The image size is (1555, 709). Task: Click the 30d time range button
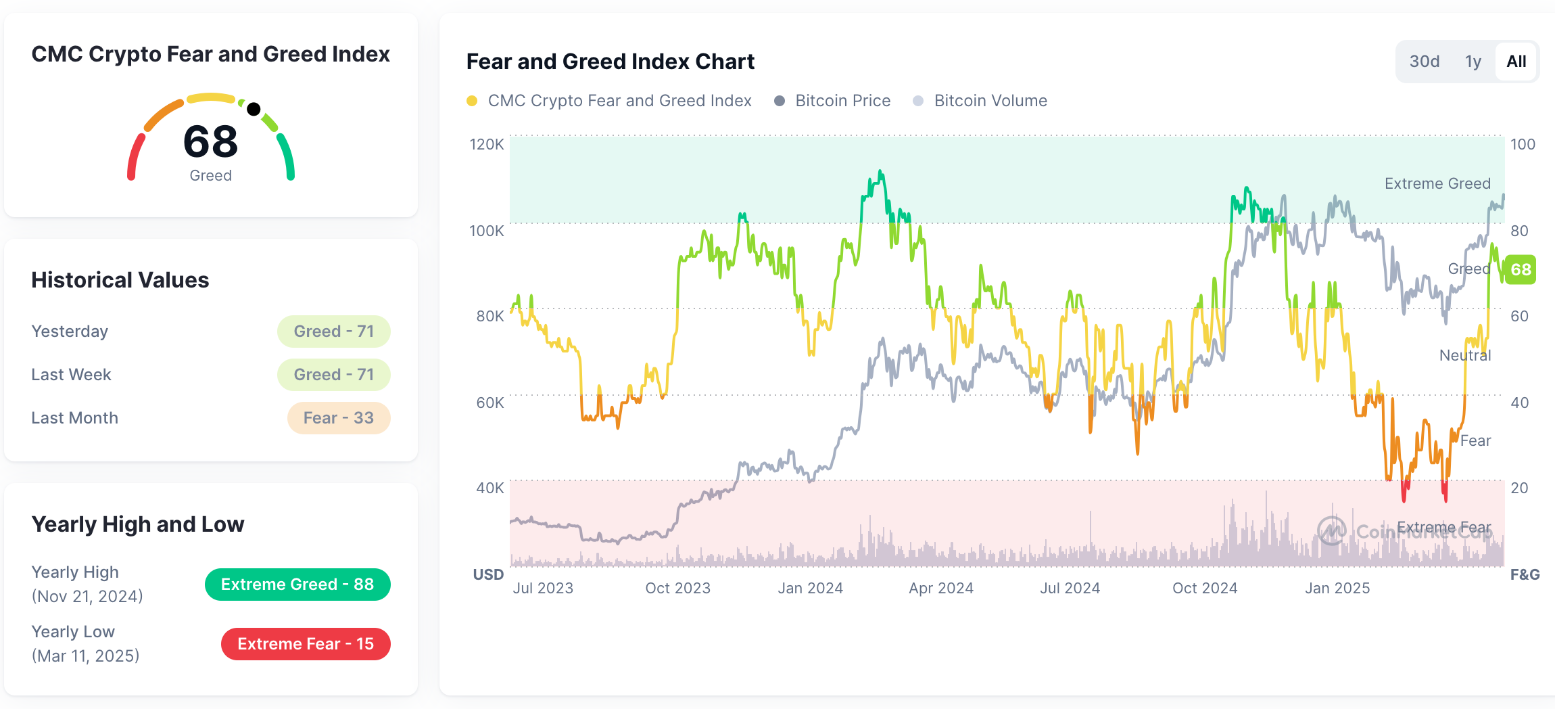click(x=1424, y=62)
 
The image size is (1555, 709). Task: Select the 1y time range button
click(x=1473, y=62)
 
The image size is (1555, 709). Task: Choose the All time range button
click(x=1516, y=62)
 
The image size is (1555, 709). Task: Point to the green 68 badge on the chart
click(x=1521, y=269)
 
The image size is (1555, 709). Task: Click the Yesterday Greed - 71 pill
click(x=333, y=331)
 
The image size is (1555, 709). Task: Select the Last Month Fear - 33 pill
click(x=339, y=418)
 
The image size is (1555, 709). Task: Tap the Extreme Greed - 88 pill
click(x=297, y=585)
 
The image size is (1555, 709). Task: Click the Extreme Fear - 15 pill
click(x=306, y=644)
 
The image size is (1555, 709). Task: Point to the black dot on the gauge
click(x=254, y=109)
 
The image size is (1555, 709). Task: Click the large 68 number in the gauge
click(x=211, y=141)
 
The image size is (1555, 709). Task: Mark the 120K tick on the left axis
click(x=487, y=144)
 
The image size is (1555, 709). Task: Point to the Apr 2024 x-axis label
click(x=941, y=588)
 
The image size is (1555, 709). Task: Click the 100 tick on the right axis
click(x=1523, y=144)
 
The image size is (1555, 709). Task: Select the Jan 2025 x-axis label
click(x=1337, y=588)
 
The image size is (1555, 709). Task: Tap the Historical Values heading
click(x=120, y=280)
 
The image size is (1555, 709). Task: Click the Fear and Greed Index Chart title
click(x=611, y=62)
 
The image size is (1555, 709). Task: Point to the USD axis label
click(x=488, y=574)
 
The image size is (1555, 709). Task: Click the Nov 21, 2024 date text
click(x=87, y=596)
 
